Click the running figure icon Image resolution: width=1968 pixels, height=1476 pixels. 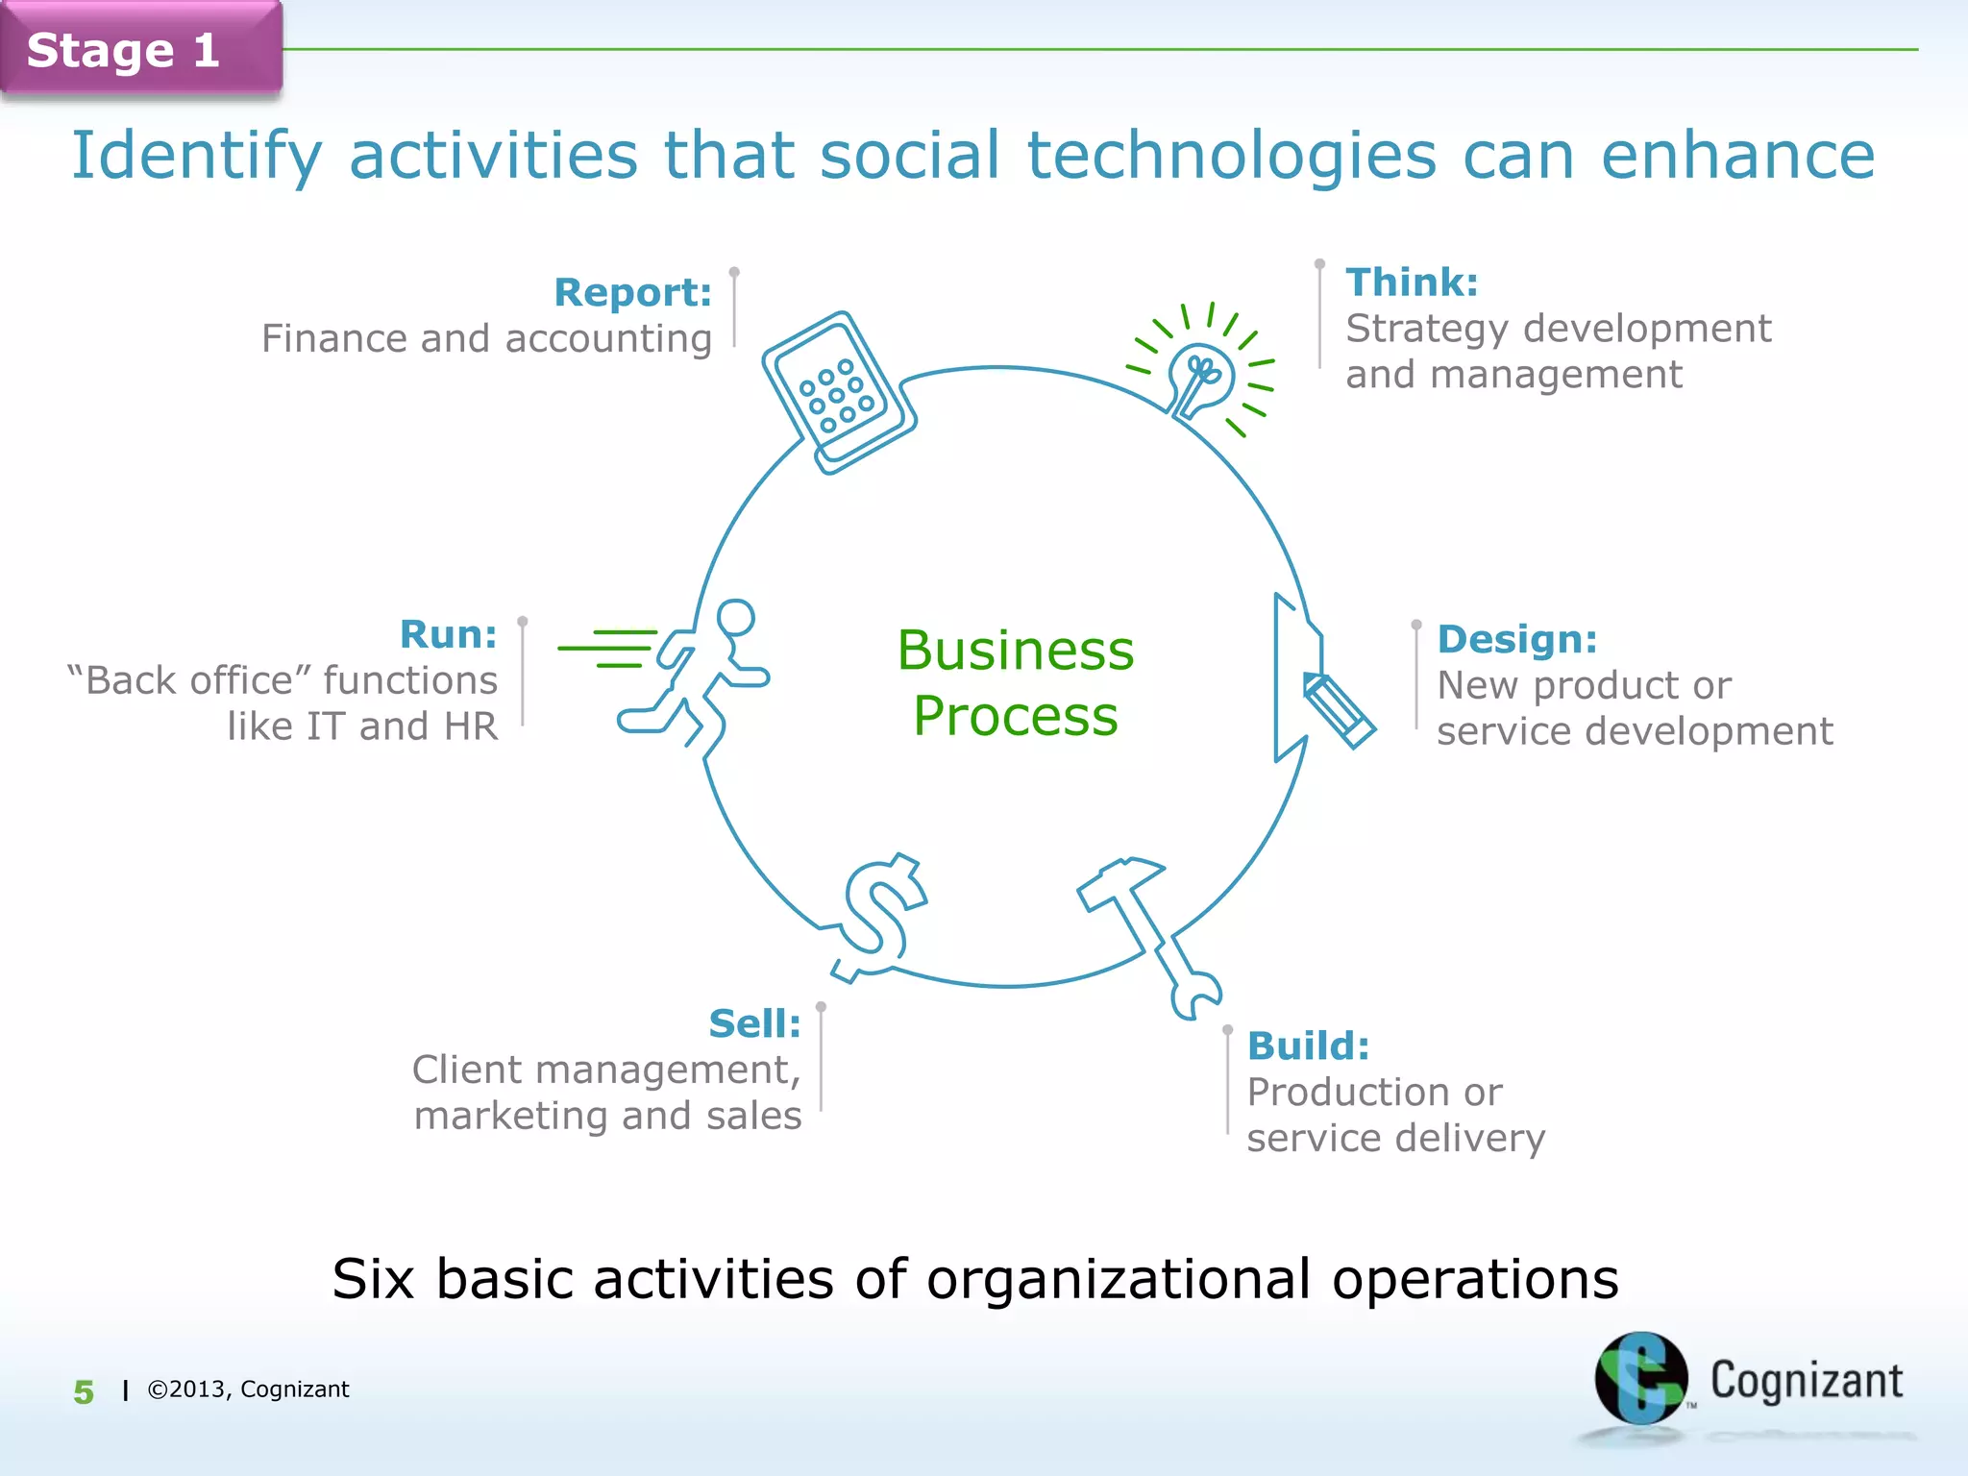[x=697, y=673]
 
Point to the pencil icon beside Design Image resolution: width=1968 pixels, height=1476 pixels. [x=1338, y=709]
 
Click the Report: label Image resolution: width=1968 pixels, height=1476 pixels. [x=632, y=292]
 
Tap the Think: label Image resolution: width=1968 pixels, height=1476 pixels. [x=1411, y=283]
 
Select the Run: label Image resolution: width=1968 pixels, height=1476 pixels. [x=448, y=634]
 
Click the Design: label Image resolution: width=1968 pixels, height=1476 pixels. [x=1516, y=639]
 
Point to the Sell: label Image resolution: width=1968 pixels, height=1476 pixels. [x=754, y=1023]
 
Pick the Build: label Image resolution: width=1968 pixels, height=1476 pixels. [x=1308, y=1045]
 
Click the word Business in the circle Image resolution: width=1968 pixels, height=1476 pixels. [x=1016, y=651]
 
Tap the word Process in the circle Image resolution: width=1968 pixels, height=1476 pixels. [x=1016, y=716]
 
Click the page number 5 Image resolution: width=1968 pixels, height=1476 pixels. [x=85, y=1391]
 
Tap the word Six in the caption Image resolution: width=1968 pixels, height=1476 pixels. [x=373, y=1279]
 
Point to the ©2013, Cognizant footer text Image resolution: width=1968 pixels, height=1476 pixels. [x=248, y=1390]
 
